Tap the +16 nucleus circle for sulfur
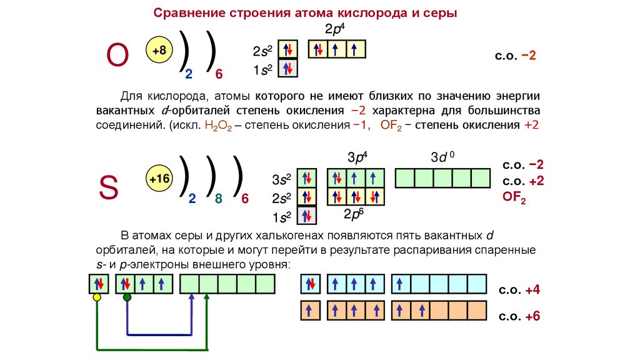point(159,180)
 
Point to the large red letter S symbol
point(109,187)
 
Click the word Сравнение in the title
point(185,12)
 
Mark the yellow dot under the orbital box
point(97,297)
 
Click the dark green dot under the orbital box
point(127,297)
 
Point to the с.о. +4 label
point(519,291)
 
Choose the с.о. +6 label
point(519,316)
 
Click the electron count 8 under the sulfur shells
point(218,199)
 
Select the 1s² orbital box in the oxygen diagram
point(288,68)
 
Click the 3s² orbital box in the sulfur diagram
point(307,178)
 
